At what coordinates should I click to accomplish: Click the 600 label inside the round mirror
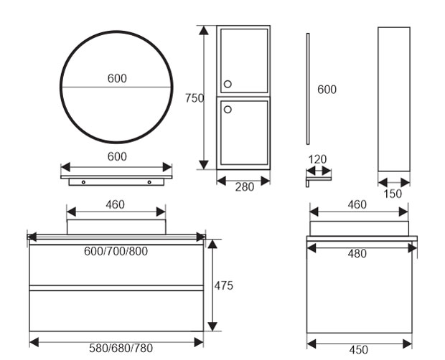[118, 79]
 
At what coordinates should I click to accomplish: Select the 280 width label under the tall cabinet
[245, 187]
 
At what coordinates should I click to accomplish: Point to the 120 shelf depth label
[318, 159]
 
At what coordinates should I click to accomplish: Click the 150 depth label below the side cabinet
[393, 193]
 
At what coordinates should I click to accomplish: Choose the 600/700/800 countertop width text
[116, 252]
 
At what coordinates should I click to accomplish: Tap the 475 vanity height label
[224, 285]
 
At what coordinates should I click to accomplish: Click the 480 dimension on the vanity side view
[357, 253]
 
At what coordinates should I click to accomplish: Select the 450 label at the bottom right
[358, 350]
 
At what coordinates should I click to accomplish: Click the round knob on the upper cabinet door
[228, 85]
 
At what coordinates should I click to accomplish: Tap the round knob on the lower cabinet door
[228, 109]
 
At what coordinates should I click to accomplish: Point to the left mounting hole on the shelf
[83, 182]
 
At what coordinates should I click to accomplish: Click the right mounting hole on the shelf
[149, 182]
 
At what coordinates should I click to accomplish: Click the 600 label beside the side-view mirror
[327, 90]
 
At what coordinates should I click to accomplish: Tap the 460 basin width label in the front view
[115, 204]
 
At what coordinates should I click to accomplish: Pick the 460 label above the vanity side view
[357, 204]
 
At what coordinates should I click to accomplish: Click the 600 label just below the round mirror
[117, 156]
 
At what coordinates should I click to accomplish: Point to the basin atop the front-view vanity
[116, 227]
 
